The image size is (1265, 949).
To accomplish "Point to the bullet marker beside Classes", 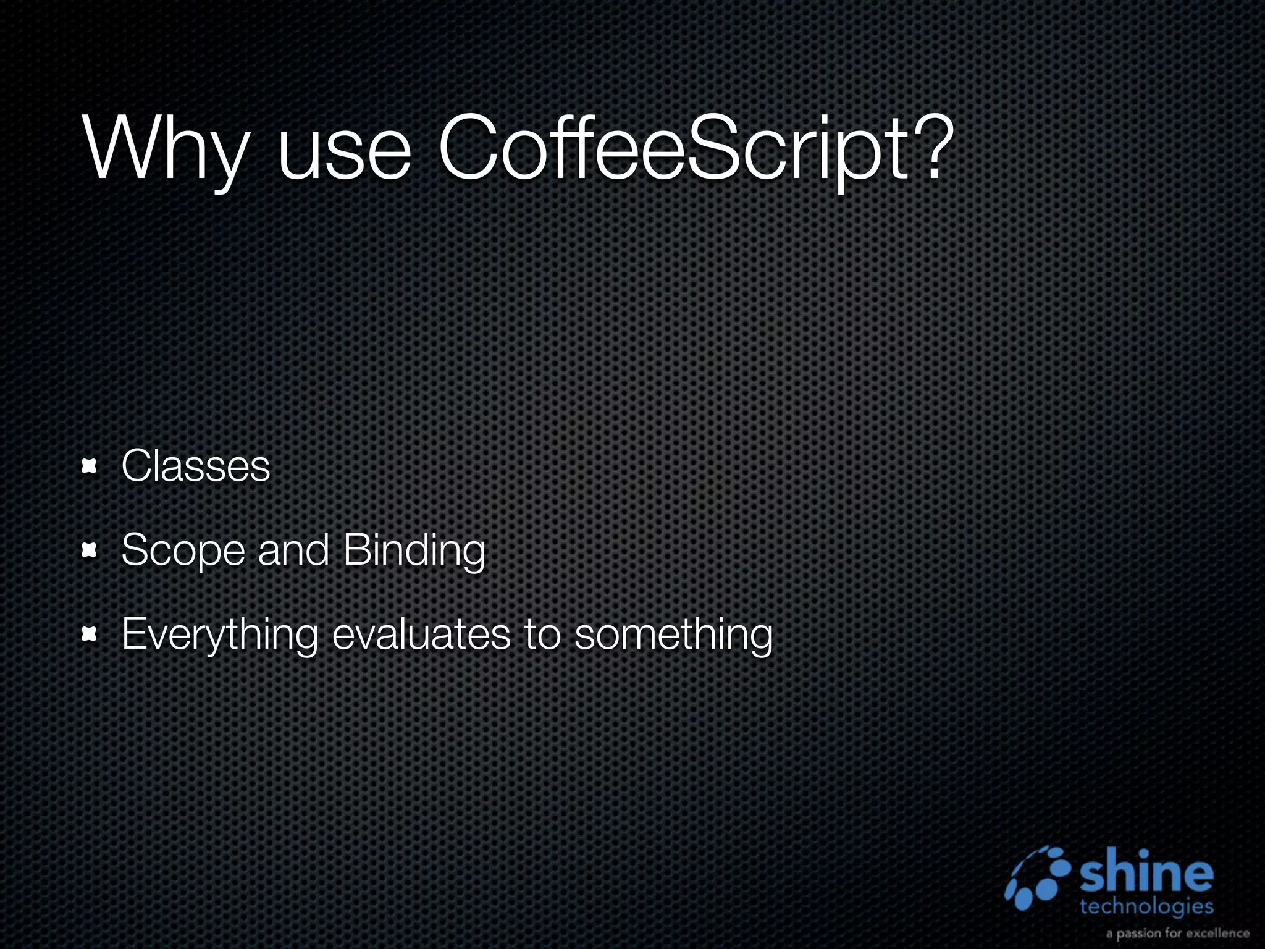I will tap(90, 466).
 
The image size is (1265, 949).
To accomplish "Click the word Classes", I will tap(196, 466).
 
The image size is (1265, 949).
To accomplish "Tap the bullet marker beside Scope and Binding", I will tap(90, 550).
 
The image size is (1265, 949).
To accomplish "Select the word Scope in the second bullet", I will tap(183, 550).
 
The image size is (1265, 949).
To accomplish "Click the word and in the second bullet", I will tap(293, 549).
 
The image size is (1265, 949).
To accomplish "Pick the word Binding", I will tap(414, 550).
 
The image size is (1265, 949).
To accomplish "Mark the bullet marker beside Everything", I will tap(90, 635).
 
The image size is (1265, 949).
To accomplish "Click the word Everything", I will tap(219, 635).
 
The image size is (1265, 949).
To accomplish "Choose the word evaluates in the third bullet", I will tap(421, 633).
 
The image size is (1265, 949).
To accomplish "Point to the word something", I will tap(673, 635).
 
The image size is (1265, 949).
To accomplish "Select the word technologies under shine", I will tap(1146, 906).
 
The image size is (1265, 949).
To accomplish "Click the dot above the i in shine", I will tap(1145, 853).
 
